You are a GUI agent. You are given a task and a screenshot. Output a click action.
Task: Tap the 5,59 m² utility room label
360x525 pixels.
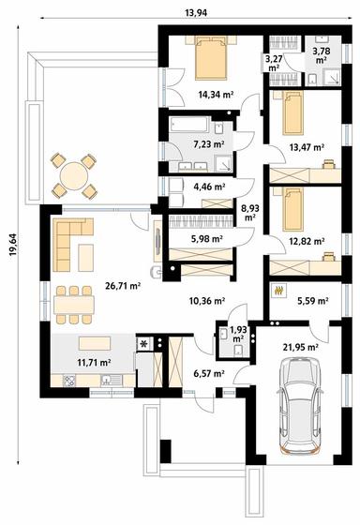[x=312, y=301]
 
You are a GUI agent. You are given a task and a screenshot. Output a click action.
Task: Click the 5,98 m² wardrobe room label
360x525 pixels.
[x=205, y=239]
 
